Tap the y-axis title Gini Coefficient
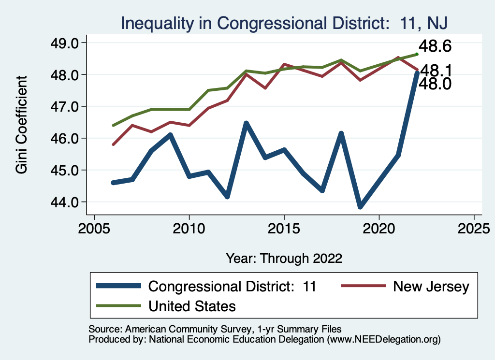[21, 125]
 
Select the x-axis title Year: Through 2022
[284, 258]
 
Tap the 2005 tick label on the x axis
[94, 228]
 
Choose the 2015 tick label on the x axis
[284, 228]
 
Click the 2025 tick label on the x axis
[474, 228]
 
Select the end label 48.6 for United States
[435, 46]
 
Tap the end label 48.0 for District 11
[435, 84]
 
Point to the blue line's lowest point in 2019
[360, 207]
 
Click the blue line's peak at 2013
[246, 123]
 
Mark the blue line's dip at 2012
[227, 196]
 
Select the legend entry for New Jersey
[431, 287]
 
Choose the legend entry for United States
[192, 305]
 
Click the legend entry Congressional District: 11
[232, 287]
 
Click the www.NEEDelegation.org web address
[384, 340]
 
